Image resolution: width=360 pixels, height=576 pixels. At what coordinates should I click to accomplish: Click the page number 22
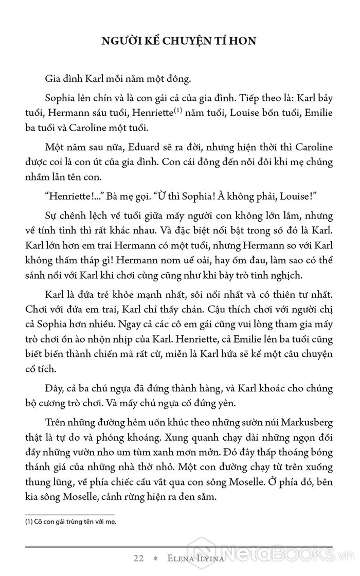point(138,559)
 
